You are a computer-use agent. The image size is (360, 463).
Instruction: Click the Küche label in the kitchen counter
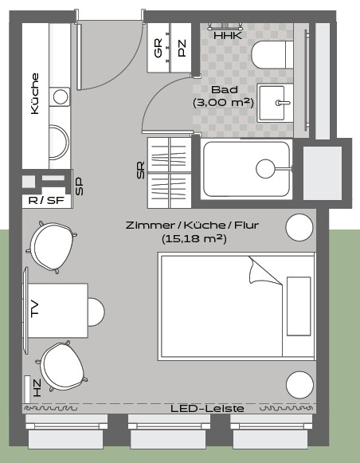[x=35, y=93]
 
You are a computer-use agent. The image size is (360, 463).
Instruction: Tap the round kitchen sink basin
[x=61, y=97]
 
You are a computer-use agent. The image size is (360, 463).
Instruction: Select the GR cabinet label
[x=158, y=48]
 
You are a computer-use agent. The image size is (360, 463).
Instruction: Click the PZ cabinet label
[x=182, y=48]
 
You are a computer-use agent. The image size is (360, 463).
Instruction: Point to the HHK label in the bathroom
[x=228, y=36]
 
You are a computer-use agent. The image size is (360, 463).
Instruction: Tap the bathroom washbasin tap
[x=283, y=103]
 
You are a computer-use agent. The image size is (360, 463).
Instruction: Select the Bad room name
[x=225, y=89]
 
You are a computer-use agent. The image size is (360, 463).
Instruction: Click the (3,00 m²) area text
[x=223, y=103]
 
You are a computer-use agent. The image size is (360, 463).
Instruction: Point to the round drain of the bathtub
[x=265, y=169]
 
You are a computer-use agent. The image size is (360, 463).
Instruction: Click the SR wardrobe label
[x=141, y=170]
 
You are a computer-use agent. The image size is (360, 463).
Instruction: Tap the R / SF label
[x=46, y=201]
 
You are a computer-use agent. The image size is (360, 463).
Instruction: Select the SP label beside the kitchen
[x=79, y=186]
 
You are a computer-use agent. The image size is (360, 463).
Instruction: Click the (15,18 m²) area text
[x=194, y=238]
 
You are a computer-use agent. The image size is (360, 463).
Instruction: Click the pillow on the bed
[x=299, y=306]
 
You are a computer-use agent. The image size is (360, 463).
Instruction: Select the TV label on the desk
[x=34, y=309]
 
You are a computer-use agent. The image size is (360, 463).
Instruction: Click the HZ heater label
[x=37, y=388]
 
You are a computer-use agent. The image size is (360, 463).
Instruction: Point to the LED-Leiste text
[x=207, y=409]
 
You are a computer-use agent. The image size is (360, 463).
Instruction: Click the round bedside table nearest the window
[x=299, y=385]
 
